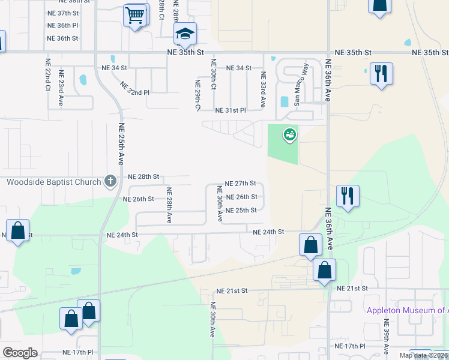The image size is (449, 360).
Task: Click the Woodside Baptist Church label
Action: click(x=53, y=182)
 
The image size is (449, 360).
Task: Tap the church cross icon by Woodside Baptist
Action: click(x=110, y=181)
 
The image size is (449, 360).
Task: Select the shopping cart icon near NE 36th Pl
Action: click(x=136, y=15)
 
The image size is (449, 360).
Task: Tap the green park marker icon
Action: click(x=291, y=135)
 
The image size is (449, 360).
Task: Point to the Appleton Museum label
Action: click(x=407, y=310)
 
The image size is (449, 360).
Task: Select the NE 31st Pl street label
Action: click(x=231, y=110)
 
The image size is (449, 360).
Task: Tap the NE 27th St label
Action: click(x=240, y=184)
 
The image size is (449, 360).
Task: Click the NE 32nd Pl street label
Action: click(x=134, y=89)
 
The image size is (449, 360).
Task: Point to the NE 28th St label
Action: click(x=143, y=177)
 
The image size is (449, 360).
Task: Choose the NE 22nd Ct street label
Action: click(x=47, y=74)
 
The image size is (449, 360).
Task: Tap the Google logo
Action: click(x=20, y=352)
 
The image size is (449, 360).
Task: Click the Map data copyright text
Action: click(x=423, y=355)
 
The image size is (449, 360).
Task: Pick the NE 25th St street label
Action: click(x=241, y=211)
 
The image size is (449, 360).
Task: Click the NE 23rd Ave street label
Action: click(x=61, y=88)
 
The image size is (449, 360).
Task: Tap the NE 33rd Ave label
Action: click(x=262, y=90)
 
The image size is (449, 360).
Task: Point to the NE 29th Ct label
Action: click(x=197, y=95)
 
